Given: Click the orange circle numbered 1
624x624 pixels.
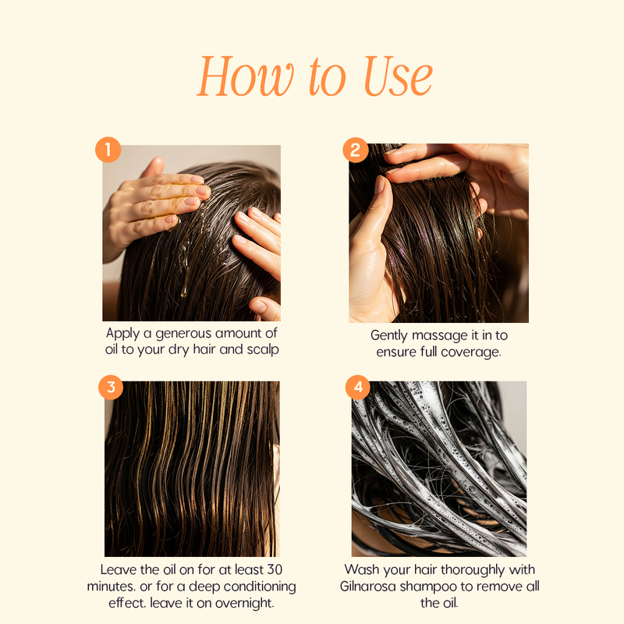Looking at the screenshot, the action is pyautogui.click(x=108, y=150).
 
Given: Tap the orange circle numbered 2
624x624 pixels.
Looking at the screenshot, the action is pyautogui.click(x=356, y=150).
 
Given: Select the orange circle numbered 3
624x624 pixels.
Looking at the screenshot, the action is pyautogui.click(x=111, y=387).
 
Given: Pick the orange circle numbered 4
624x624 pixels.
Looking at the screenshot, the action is pyautogui.click(x=358, y=387).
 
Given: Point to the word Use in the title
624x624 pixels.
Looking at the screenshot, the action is pyautogui.click(x=398, y=76).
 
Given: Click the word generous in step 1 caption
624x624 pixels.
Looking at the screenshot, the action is pyautogui.click(x=183, y=334).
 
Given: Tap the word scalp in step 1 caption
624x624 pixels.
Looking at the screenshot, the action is pyautogui.click(x=263, y=349).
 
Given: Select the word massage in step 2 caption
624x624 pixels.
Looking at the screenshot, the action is pyautogui.click(x=440, y=335).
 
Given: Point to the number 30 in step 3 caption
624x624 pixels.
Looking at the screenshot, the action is pyautogui.click(x=275, y=569).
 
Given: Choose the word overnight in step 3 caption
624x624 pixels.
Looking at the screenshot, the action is pyautogui.click(x=244, y=603).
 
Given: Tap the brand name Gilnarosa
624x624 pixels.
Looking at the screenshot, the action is pyautogui.click(x=368, y=587).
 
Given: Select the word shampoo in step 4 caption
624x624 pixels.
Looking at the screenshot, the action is pyautogui.click(x=428, y=587).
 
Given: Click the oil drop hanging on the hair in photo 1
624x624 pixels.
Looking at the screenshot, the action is pyautogui.click(x=184, y=293).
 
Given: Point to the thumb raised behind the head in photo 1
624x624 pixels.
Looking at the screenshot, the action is pyautogui.click(x=153, y=167).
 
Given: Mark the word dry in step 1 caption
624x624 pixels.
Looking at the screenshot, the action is pyautogui.click(x=179, y=349).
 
